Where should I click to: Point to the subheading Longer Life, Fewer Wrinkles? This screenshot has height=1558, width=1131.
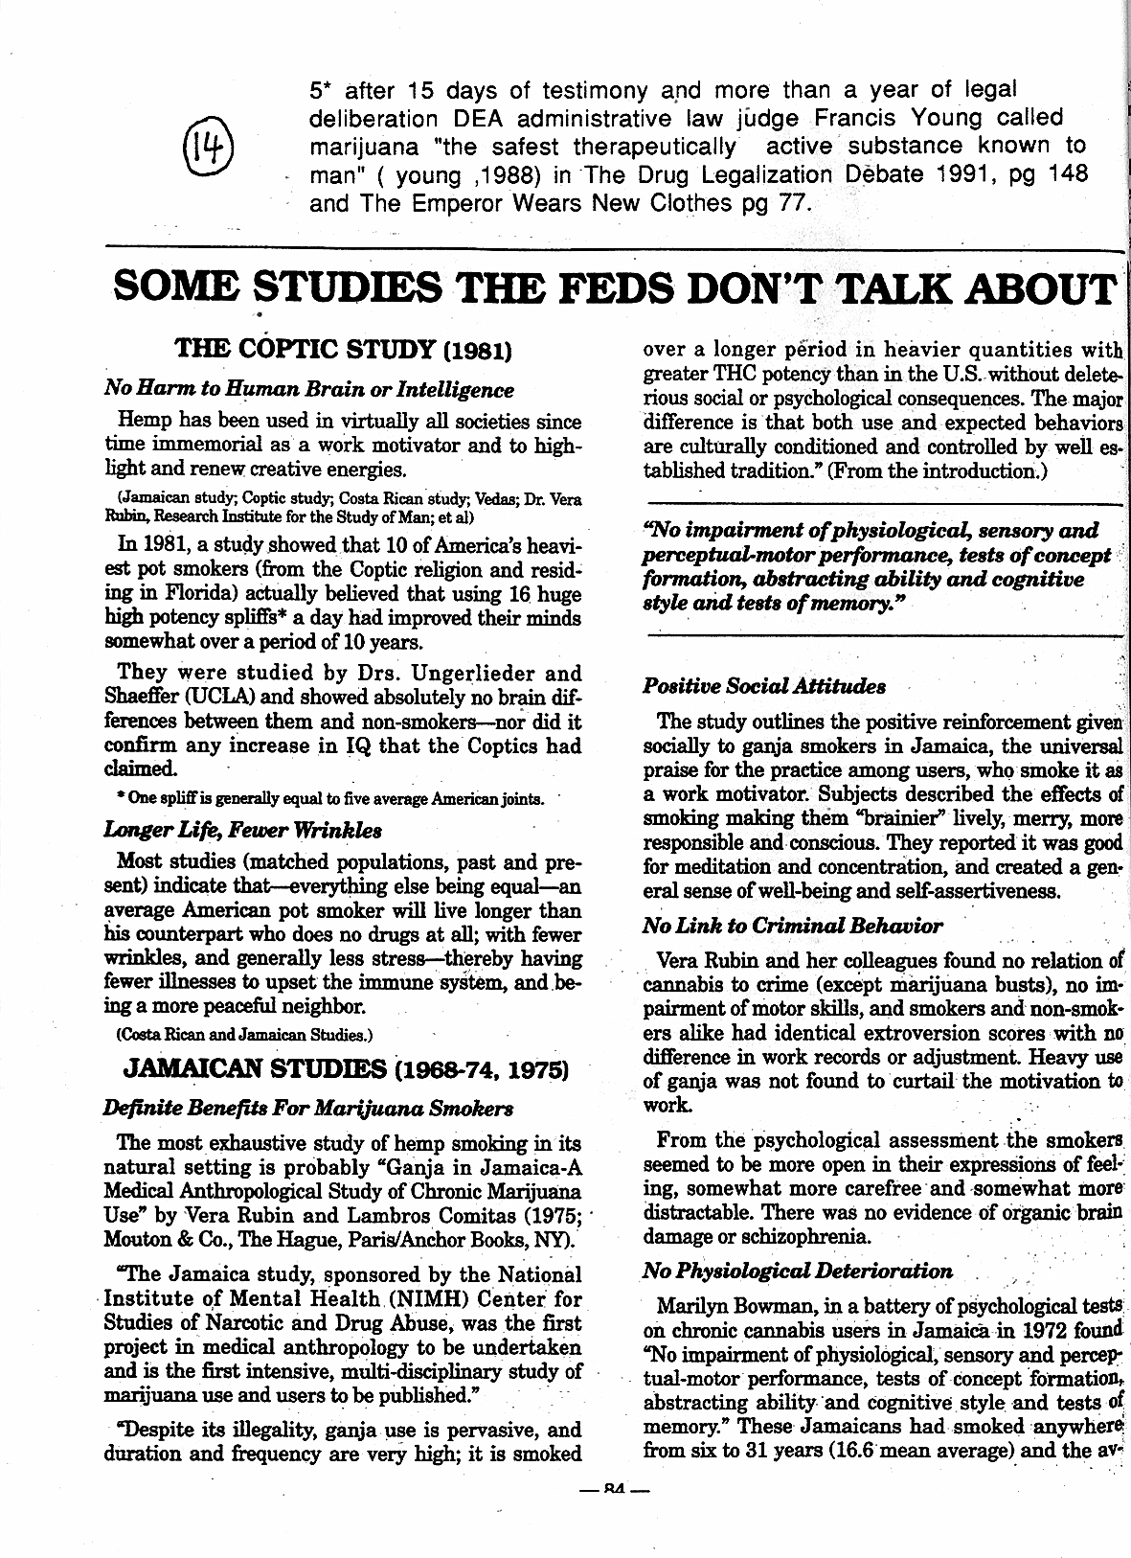[243, 829]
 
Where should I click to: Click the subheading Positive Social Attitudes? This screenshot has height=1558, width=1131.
[763, 686]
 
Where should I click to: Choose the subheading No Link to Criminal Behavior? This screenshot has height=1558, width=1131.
[792, 926]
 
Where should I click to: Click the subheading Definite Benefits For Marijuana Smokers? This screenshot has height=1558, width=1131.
[307, 1109]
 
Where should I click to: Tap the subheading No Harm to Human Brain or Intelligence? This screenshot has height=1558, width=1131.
[308, 390]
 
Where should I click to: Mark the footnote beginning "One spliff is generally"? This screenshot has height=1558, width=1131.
[325, 798]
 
